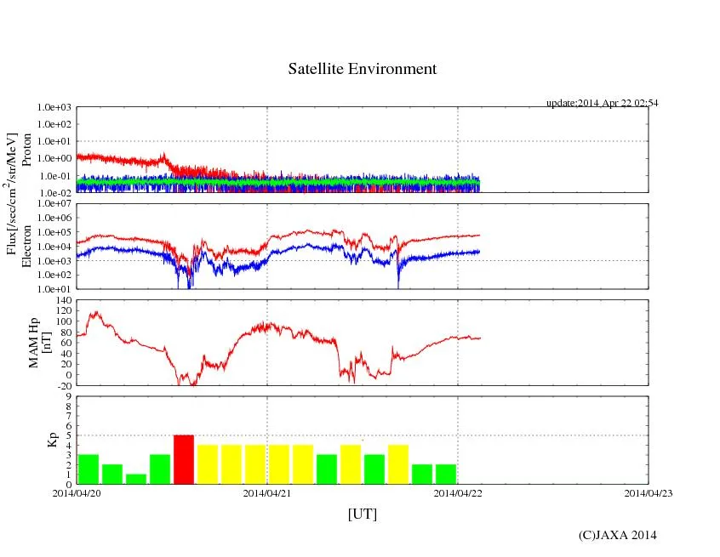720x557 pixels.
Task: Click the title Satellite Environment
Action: [362, 69]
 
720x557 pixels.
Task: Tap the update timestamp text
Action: [602, 103]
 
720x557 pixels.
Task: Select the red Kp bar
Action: [184, 459]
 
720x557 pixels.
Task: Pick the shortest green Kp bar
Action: [136, 479]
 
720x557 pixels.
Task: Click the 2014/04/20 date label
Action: [77, 492]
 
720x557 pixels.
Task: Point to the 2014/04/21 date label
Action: [267, 492]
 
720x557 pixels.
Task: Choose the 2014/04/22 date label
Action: [458, 492]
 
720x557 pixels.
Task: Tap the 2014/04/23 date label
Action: [649, 492]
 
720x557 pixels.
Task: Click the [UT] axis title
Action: [362, 514]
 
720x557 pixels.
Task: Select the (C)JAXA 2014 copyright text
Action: [617, 535]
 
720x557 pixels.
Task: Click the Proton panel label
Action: [26, 150]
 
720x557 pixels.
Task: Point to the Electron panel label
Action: [26, 246]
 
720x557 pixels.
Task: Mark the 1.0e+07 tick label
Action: [54, 204]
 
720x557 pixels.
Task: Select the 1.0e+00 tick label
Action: [54, 159]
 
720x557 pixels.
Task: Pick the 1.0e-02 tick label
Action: [54, 193]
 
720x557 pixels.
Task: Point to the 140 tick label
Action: [62, 301]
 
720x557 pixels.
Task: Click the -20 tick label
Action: [62, 385]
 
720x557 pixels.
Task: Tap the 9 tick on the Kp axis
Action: [68, 396]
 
